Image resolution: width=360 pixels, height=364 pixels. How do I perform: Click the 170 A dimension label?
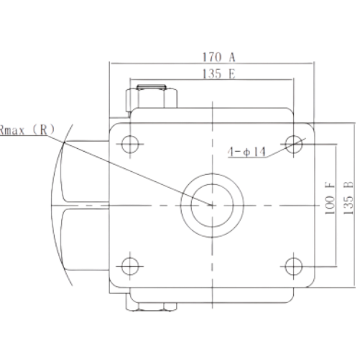219,57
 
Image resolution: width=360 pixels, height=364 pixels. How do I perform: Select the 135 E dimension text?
219,73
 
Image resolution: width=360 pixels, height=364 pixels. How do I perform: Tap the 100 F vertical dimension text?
330,198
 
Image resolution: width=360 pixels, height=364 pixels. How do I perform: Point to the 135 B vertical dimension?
349,198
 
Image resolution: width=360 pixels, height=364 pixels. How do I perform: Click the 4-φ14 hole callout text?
246,152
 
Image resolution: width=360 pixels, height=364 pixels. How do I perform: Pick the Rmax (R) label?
27,130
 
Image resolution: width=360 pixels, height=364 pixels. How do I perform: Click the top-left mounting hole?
130,144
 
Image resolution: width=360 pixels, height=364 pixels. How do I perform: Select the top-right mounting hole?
294,144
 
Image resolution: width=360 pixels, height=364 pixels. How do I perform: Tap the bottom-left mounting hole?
130,266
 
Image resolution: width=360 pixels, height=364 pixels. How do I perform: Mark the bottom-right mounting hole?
294,266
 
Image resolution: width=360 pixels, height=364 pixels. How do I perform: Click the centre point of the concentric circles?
212,205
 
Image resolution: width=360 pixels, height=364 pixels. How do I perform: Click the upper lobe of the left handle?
84,171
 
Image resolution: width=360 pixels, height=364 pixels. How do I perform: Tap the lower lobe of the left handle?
84,240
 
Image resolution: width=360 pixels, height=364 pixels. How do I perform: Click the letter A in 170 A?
232,57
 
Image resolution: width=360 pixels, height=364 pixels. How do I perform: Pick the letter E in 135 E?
232,73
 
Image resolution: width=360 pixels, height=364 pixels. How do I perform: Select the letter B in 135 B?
349,185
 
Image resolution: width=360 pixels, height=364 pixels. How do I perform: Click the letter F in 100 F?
330,185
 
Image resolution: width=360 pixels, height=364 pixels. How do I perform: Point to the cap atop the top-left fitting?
152,87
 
